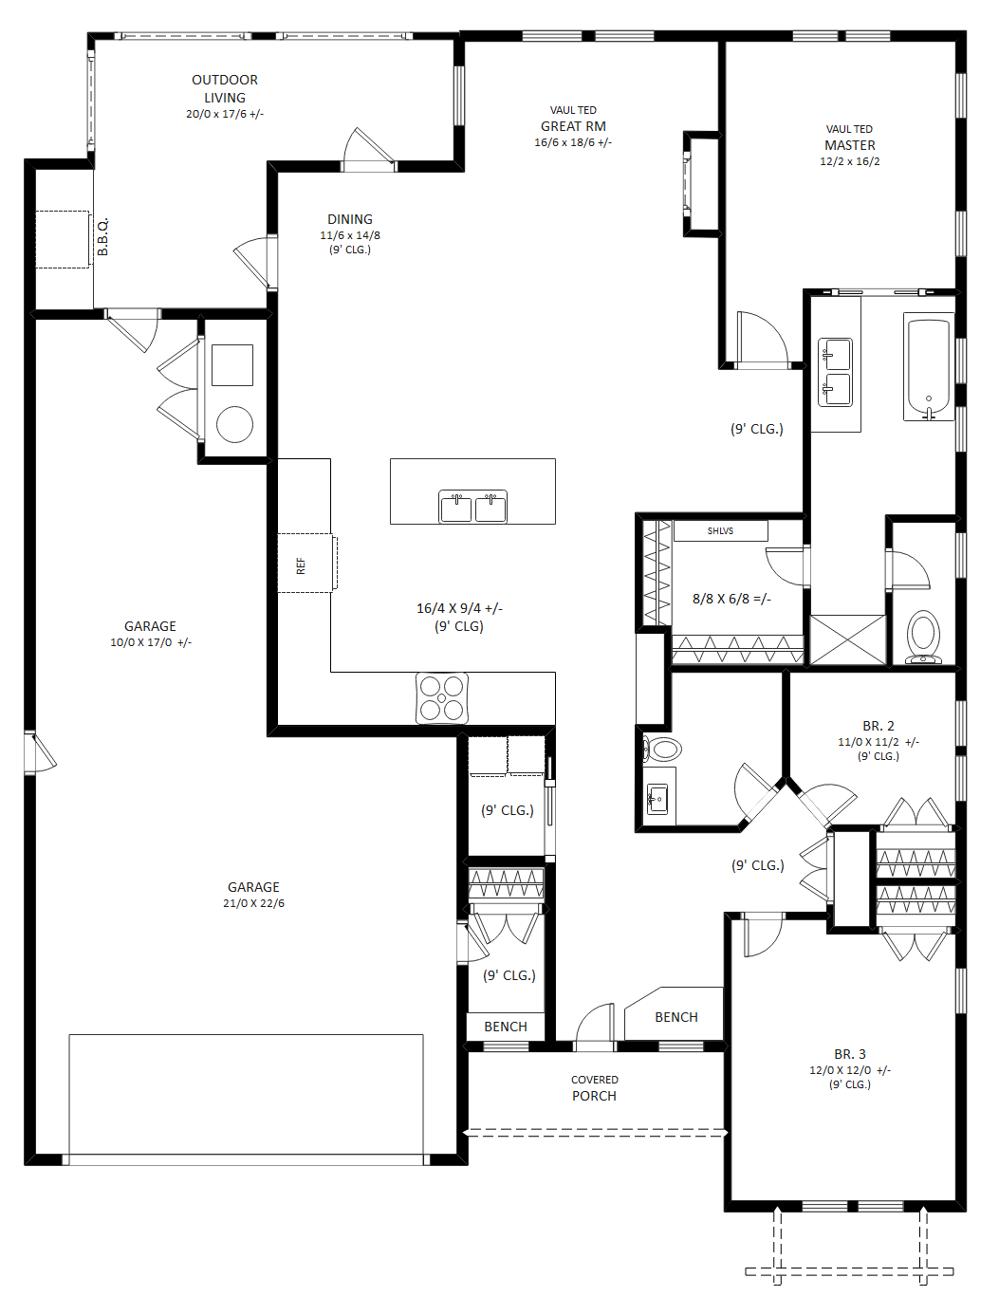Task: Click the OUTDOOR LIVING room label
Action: tap(225, 88)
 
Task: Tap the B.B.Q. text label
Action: tap(103, 237)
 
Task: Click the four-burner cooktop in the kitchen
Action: tap(442, 697)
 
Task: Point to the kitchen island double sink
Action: tap(472, 507)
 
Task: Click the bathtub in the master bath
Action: tap(928, 367)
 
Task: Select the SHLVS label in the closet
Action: tap(720, 531)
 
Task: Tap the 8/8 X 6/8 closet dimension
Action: tap(731, 599)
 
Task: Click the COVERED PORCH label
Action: tap(595, 1088)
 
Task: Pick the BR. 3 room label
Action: tap(850, 1054)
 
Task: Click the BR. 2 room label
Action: tap(879, 726)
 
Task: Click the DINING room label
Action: tap(350, 219)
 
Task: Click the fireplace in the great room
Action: tap(700, 183)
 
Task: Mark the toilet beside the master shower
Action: tap(923, 638)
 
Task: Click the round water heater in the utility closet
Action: tap(234, 424)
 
